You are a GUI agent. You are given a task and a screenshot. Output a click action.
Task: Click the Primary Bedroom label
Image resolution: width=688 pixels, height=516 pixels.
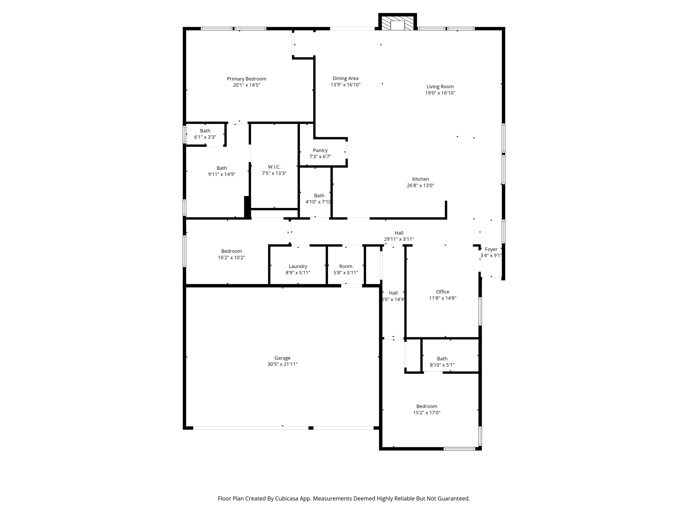[246, 79]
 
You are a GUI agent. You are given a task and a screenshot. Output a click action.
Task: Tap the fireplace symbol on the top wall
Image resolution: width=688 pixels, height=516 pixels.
[398, 24]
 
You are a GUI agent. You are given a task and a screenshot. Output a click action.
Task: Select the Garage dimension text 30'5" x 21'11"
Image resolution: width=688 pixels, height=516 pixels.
[282, 364]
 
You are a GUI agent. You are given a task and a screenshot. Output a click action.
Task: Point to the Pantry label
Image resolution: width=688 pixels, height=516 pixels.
[320, 150]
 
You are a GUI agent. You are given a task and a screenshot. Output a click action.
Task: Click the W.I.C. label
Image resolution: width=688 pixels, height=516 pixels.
[274, 167]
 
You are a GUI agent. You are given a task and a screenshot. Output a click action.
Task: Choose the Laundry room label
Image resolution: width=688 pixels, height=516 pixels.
[298, 266]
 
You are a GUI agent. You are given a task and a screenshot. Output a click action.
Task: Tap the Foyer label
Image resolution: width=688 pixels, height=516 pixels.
[491, 249]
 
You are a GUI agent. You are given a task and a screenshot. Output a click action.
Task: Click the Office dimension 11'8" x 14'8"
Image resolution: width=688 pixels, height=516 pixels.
[442, 298]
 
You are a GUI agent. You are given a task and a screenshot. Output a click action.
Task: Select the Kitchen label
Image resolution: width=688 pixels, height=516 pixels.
[420, 179]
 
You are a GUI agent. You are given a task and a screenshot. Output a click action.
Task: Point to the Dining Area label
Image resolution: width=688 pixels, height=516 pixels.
[345, 78]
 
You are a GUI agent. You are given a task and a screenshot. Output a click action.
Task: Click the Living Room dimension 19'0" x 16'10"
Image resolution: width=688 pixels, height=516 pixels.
[440, 93]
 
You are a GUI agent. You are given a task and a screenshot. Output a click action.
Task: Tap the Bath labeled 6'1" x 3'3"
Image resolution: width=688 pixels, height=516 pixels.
[205, 134]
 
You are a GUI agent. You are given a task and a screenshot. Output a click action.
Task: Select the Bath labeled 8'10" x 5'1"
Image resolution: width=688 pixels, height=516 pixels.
[442, 362]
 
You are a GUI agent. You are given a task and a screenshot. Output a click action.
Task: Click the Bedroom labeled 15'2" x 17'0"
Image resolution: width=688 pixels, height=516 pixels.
[427, 410]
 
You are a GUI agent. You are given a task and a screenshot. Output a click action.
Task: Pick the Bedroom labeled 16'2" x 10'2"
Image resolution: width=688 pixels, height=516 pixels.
[231, 254]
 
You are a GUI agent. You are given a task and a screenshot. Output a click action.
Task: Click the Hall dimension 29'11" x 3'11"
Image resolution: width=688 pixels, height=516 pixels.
[399, 239]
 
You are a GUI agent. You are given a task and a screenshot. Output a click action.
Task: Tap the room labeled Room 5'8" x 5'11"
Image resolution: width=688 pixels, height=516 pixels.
[345, 269]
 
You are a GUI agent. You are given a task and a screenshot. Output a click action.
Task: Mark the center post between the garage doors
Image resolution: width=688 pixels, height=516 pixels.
[311, 428]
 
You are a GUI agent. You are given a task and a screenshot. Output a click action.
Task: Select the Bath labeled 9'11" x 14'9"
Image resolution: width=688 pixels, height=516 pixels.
[221, 171]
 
